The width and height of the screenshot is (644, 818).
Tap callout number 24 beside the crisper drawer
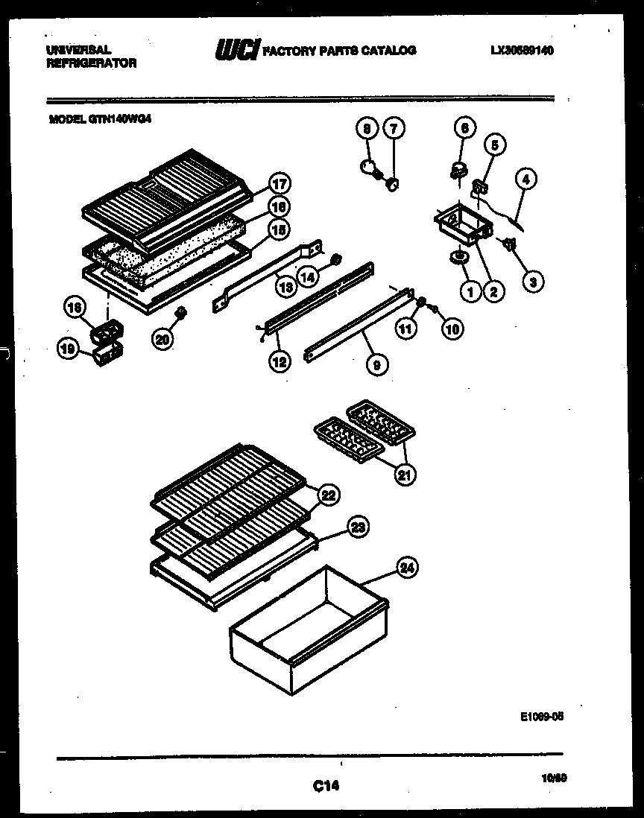tap(406, 568)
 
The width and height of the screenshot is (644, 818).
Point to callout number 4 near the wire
tap(526, 180)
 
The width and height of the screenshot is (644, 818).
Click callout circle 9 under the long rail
tap(378, 365)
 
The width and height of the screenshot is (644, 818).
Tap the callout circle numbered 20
tap(162, 339)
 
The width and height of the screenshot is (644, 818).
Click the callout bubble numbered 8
tap(366, 128)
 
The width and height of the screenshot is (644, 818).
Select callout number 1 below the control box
tap(470, 292)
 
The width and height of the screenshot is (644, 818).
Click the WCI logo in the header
tap(237, 51)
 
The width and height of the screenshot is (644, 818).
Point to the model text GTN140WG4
tap(100, 118)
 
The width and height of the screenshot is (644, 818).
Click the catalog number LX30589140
tap(523, 51)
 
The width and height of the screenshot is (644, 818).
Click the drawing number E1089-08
tap(542, 716)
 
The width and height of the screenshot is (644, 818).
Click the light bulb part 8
tap(367, 167)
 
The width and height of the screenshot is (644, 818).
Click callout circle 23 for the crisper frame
tap(359, 527)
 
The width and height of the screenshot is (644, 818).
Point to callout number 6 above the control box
tap(463, 127)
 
